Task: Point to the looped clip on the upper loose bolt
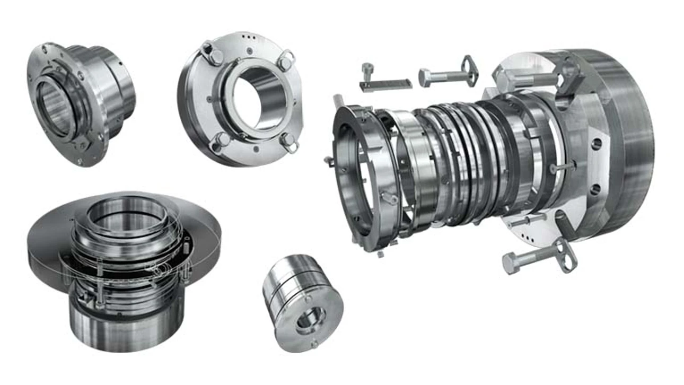469,69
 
